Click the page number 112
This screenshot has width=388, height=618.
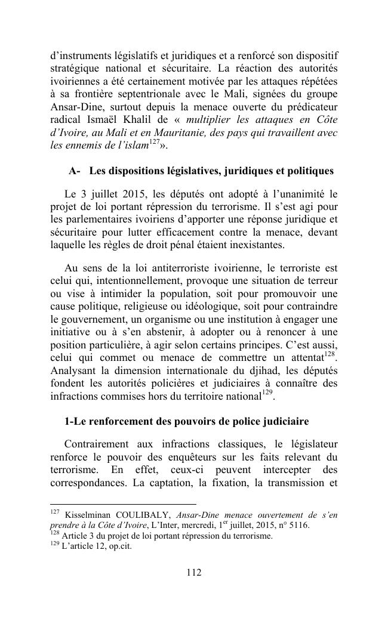(193, 573)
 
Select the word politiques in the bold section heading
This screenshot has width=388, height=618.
(310, 171)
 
